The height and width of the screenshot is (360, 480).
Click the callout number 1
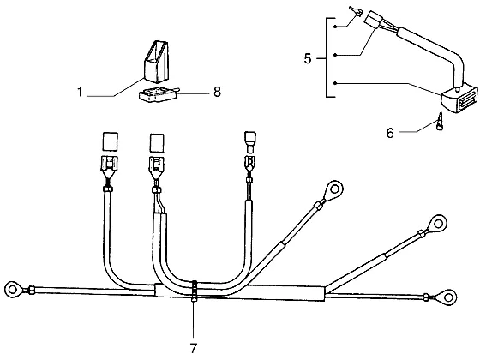click(81, 92)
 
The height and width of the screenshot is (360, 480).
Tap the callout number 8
click(217, 92)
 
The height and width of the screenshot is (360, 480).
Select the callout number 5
click(308, 58)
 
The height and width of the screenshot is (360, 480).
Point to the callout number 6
click(390, 133)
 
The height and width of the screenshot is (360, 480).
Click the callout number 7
click(194, 348)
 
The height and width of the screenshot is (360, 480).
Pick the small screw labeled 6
click(439, 122)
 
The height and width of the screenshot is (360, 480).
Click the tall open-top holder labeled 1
click(156, 61)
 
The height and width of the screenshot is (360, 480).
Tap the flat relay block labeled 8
click(159, 93)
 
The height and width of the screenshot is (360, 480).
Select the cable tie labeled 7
click(194, 291)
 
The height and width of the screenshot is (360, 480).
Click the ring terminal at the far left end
click(13, 290)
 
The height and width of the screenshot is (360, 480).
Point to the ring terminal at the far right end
click(447, 297)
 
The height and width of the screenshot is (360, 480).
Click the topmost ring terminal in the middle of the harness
click(334, 189)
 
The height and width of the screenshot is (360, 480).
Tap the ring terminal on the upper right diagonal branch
click(438, 224)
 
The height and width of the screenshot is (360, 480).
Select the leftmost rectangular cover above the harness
click(110, 141)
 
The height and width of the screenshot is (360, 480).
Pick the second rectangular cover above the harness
click(157, 142)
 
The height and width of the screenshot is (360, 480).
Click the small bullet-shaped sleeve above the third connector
click(250, 142)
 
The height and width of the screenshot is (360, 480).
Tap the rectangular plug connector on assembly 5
click(374, 21)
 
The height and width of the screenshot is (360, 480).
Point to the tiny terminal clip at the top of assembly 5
click(357, 12)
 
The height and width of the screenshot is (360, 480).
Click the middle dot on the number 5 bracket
click(335, 55)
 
